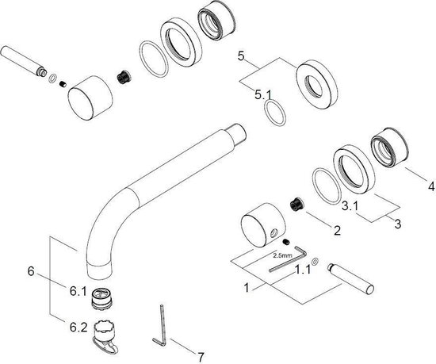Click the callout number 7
[201, 357]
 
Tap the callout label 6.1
[78, 291]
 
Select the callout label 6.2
[78, 328]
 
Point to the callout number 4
[431, 186]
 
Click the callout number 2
[337, 230]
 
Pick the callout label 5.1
[262, 95]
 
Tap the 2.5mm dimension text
[282, 255]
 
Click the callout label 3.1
[350, 206]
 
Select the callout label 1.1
[303, 269]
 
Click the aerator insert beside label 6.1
[101, 298]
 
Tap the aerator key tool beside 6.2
[105, 337]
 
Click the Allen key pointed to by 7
[160, 326]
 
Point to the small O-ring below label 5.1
[275, 113]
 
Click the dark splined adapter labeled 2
[297, 205]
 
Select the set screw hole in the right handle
[273, 232]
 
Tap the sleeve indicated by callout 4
[390, 148]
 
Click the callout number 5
[241, 56]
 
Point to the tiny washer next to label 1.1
[315, 261]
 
